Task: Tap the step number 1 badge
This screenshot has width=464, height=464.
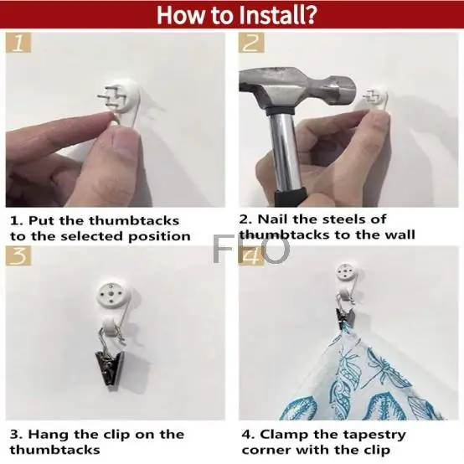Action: pos(18,43)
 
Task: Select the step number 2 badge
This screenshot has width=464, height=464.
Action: pos(251,43)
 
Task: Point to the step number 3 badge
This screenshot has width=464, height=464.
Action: pos(18,255)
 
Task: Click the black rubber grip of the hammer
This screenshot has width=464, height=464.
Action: pos(290,197)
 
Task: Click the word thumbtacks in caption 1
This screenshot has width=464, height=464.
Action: pos(134,221)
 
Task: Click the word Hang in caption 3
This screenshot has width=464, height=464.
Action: pos(49,435)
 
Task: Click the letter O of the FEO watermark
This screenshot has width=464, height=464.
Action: pos(276,249)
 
